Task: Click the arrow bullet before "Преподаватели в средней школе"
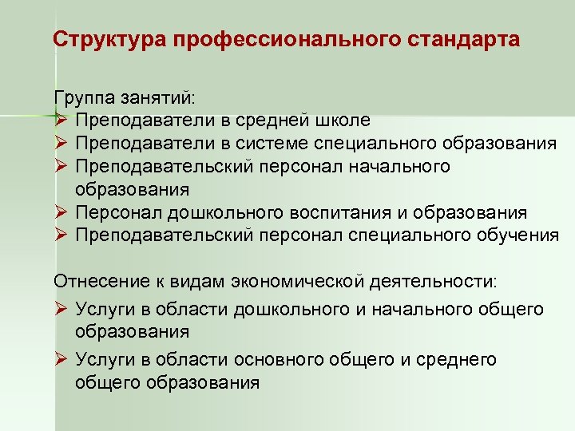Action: tap(60, 121)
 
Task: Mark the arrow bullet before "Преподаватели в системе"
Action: tap(60, 144)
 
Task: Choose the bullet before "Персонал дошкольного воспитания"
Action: tap(60, 212)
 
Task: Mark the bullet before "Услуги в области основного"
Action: tap(60, 359)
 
